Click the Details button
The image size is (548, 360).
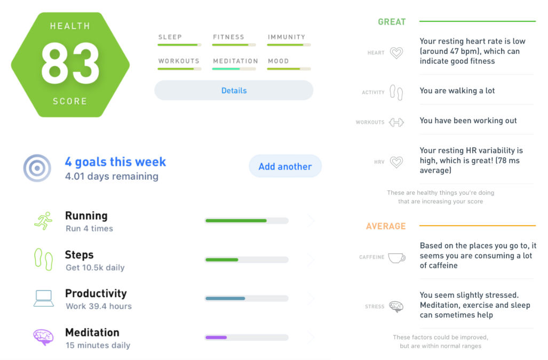click(x=234, y=91)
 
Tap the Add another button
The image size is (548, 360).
click(x=285, y=166)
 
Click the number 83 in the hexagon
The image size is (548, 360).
click(x=70, y=63)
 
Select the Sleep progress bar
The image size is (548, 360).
click(x=179, y=45)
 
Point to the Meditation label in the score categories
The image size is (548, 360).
click(x=235, y=61)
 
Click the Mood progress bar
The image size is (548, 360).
click(x=289, y=69)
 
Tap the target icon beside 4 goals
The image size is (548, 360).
click(x=37, y=168)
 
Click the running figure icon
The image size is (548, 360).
click(x=43, y=221)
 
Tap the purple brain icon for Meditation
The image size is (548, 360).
click(x=43, y=337)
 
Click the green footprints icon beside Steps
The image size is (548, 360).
click(x=44, y=259)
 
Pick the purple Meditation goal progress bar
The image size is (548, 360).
click(x=247, y=337)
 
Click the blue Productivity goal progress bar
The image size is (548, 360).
click(x=247, y=299)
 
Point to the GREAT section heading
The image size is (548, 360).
click(x=392, y=22)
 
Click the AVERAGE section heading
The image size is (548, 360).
click(x=386, y=226)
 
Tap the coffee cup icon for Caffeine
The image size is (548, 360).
click(x=396, y=258)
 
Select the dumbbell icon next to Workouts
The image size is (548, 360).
click(x=396, y=122)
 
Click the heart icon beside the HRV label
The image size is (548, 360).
click(x=396, y=162)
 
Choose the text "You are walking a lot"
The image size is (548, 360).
click(x=457, y=91)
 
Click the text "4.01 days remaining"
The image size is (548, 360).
click(x=112, y=177)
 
